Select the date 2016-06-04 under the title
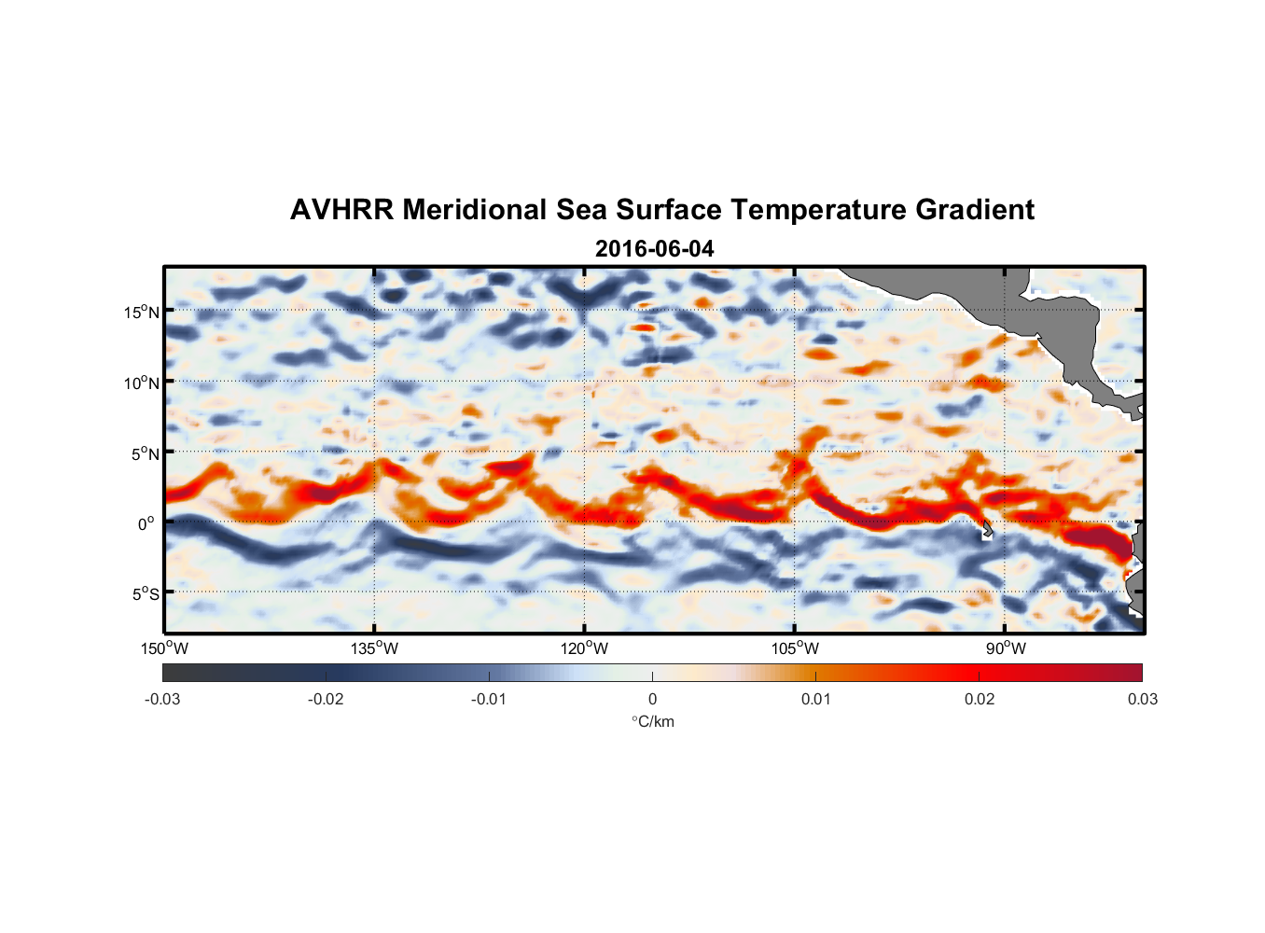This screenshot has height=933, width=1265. tap(654, 249)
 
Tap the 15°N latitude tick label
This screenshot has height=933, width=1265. tap(142, 312)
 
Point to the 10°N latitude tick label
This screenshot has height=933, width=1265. tap(142, 383)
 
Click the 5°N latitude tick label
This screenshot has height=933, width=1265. tap(145, 453)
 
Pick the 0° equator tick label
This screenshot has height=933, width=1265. tap(146, 523)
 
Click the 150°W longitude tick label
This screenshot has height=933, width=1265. tap(164, 648)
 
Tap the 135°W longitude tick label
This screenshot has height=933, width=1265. tap(374, 648)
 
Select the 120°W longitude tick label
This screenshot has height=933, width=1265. tap(584, 648)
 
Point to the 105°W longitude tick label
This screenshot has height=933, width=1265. tap(795, 648)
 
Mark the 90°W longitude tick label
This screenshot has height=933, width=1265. tap(1006, 648)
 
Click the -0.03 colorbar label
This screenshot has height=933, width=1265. tap(162, 699)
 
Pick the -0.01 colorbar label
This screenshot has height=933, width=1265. tap(489, 699)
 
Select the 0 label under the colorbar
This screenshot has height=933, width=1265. tap(652, 699)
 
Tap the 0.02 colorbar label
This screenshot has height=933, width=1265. tap(980, 699)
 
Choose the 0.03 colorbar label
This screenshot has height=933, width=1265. tap(1142, 699)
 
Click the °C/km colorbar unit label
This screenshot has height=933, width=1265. tap(653, 721)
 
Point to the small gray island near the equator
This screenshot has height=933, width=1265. tap(987, 530)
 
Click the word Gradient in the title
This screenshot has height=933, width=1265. tap(975, 210)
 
